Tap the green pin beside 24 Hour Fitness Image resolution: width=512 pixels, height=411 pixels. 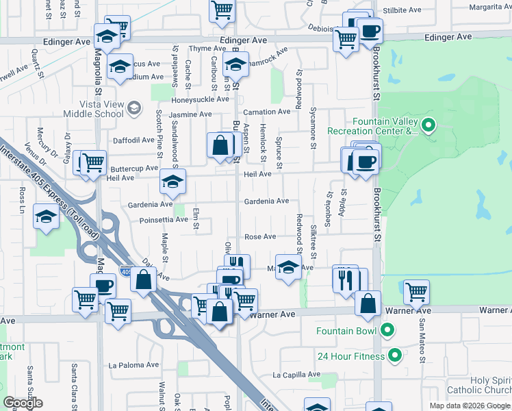point(394,356)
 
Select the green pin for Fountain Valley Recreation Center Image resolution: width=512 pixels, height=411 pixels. point(428,125)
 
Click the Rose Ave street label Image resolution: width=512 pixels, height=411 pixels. point(260,237)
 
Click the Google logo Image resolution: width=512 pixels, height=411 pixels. point(23,403)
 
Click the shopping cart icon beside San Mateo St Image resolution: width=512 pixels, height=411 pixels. point(416,292)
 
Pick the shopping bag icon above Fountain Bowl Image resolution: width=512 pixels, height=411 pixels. point(368,303)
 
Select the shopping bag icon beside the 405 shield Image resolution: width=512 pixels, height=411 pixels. point(143,279)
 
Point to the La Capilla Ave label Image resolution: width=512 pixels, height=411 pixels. point(296,375)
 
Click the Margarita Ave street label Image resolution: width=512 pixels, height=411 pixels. point(485,8)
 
